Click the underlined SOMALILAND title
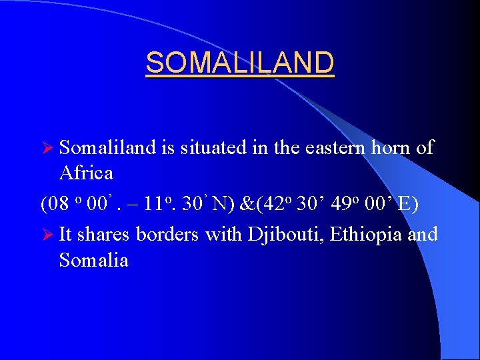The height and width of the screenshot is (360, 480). tap(240, 63)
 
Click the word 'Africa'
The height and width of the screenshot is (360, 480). tap(86, 173)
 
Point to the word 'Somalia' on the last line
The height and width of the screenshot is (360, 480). tap(93, 260)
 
